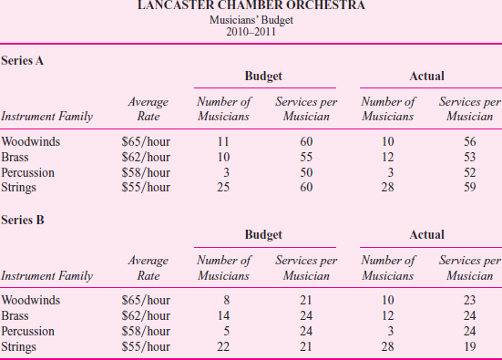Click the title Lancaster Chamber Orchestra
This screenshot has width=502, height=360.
(251, 6)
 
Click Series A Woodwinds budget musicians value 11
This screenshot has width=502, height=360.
(223, 141)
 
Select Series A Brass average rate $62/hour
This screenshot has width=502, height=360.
(146, 157)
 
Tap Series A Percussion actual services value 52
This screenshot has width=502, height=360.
(467, 172)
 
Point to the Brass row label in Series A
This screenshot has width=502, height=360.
(17, 157)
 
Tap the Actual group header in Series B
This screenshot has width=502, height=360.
(427, 234)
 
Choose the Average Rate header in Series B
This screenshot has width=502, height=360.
(147, 267)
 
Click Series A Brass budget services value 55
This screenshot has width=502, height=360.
(306, 157)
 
